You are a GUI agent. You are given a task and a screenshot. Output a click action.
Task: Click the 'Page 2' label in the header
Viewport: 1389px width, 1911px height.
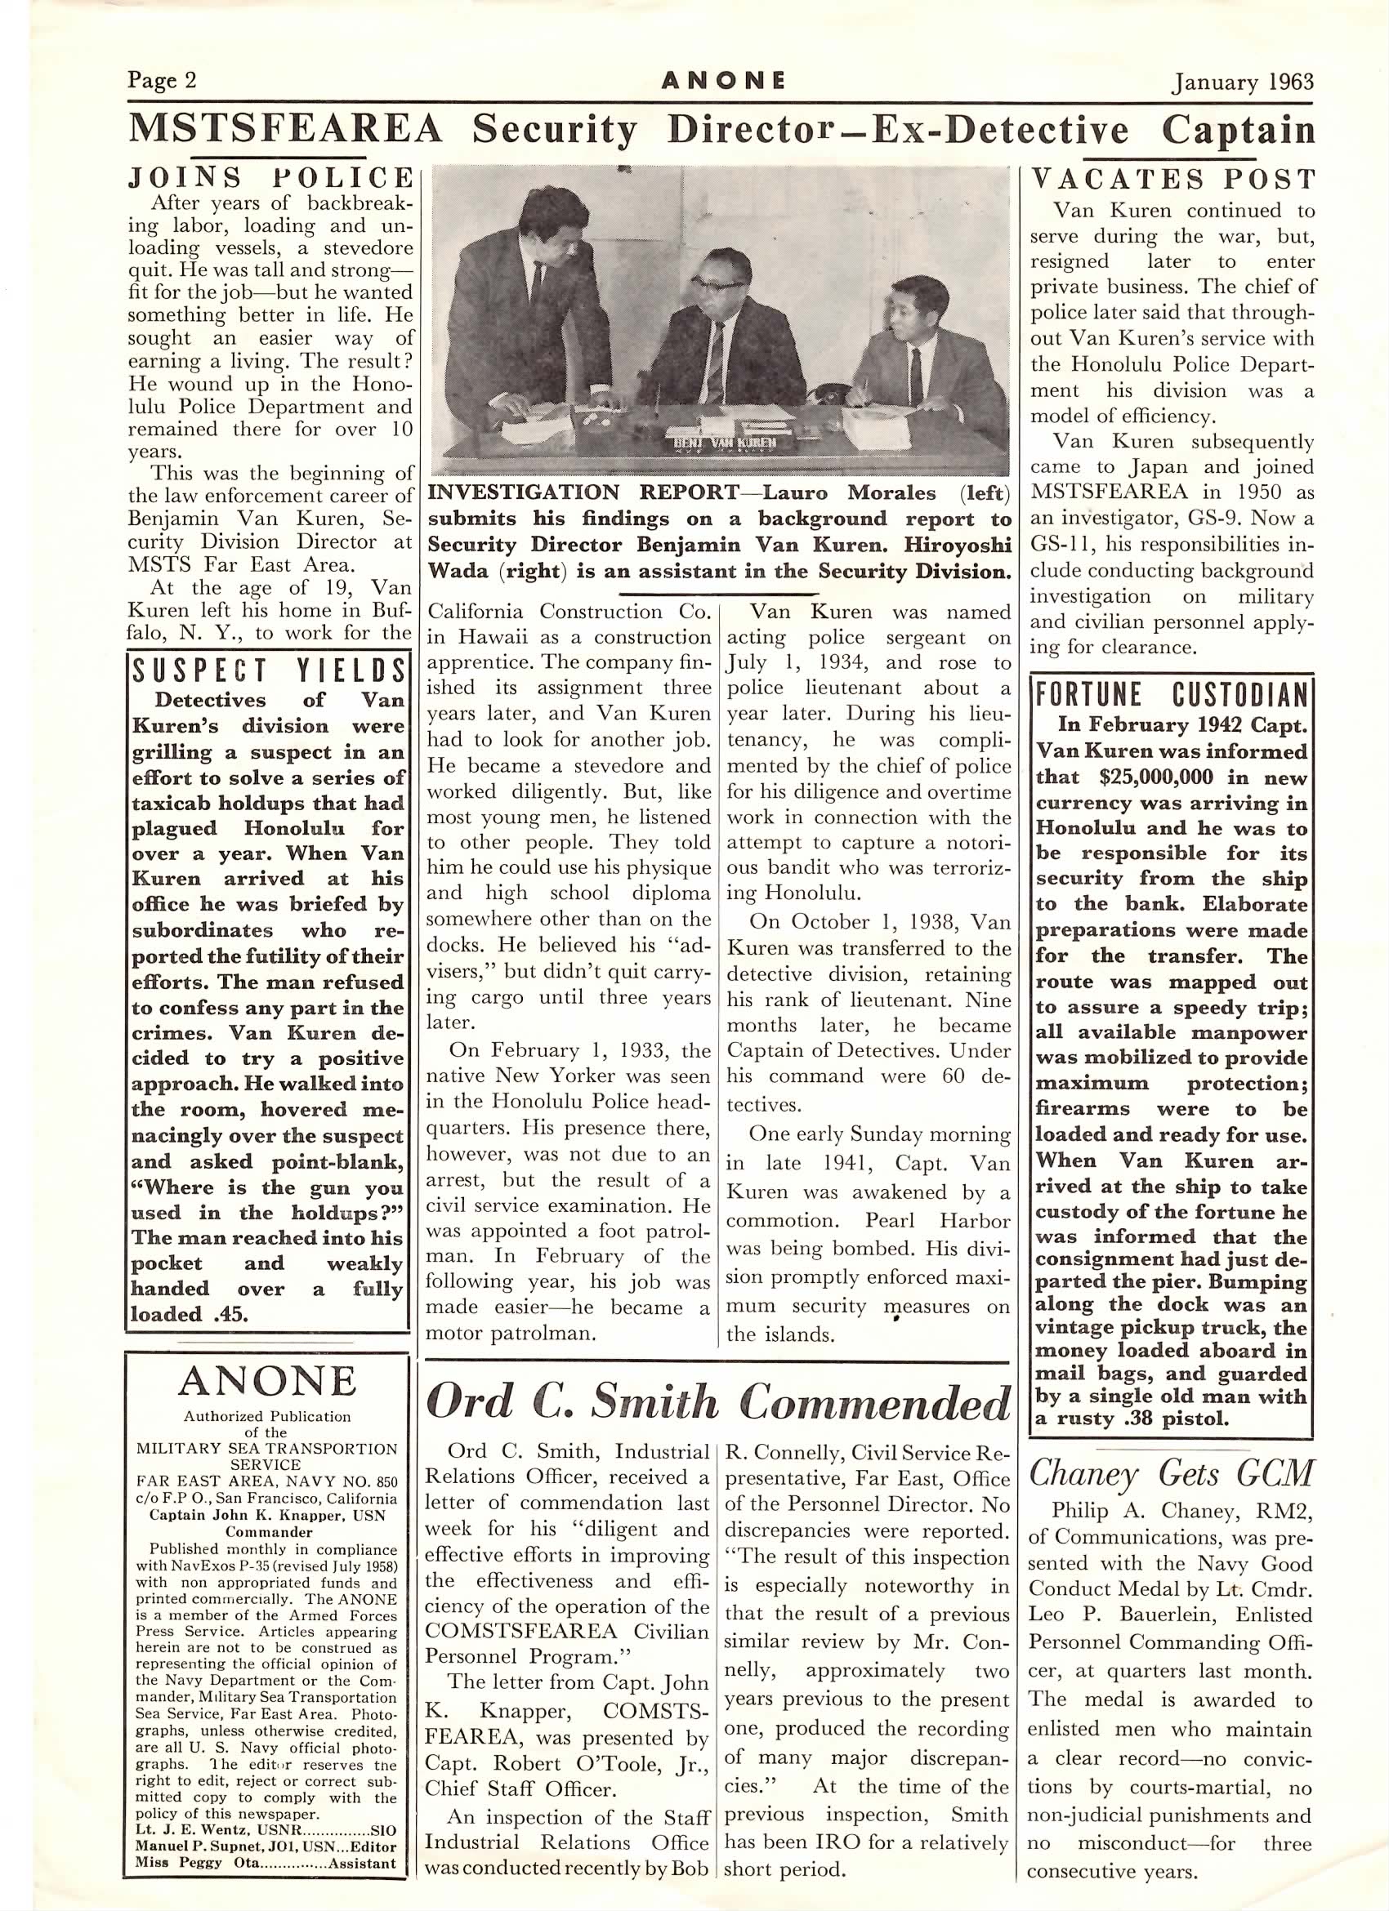tap(162, 80)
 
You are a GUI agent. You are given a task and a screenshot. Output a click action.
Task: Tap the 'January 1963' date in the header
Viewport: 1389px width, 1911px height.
tap(1244, 82)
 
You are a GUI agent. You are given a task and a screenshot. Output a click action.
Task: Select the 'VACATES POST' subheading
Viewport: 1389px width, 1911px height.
tap(1172, 180)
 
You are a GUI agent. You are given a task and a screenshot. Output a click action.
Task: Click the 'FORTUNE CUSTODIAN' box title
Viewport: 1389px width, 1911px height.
tap(1172, 695)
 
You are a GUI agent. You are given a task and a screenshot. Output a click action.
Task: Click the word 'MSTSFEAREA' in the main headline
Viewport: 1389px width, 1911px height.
tap(285, 130)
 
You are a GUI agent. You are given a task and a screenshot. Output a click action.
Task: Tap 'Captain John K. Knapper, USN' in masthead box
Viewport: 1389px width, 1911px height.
tap(267, 1514)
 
